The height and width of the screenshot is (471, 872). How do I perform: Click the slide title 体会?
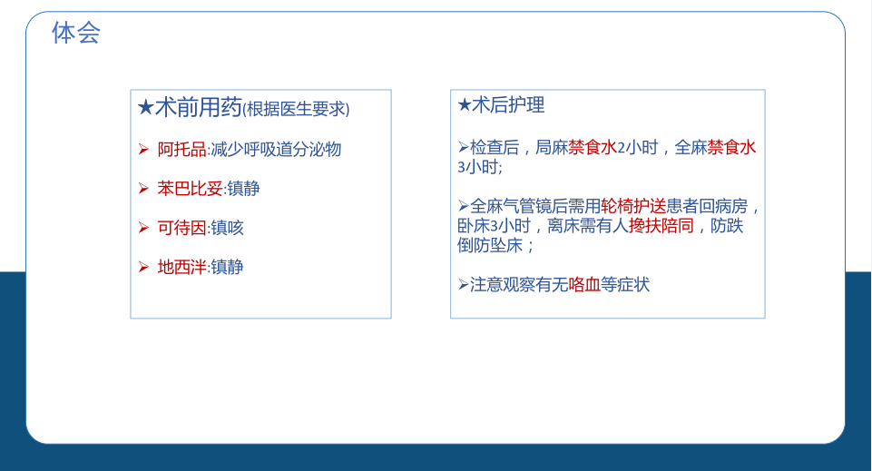[76, 33]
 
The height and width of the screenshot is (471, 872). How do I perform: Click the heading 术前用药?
[199, 107]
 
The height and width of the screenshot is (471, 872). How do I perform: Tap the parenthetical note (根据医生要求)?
[296, 109]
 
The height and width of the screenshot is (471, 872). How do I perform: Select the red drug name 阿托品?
[181, 150]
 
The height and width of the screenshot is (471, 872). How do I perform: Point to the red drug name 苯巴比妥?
[191, 189]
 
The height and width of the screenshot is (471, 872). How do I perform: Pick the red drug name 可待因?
[181, 228]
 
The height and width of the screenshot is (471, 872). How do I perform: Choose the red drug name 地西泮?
[181, 267]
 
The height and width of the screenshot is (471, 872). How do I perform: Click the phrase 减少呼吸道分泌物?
[276, 150]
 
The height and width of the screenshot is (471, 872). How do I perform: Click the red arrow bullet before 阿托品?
[143, 150]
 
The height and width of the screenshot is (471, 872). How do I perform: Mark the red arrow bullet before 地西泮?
[143, 268]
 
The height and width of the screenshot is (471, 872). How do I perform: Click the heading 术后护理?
[508, 104]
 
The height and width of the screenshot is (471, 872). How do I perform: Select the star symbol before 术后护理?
[465, 104]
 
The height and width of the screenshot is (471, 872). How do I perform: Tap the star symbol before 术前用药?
[146, 107]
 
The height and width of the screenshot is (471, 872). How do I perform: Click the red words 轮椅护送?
[633, 206]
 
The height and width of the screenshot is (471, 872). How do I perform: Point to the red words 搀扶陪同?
[661, 226]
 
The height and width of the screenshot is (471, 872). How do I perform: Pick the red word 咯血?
[584, 285]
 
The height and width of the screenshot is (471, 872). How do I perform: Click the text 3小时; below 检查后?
[480, 167]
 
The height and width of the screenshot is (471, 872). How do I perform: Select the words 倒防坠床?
[490, 245]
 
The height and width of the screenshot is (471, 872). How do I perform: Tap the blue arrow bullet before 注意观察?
[464, 285]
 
